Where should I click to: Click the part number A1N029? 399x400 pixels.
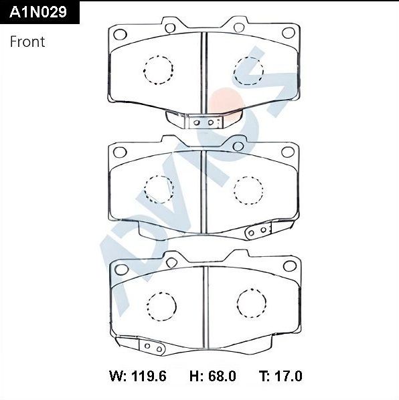(x=39, y=11)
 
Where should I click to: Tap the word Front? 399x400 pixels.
(x=27, y=41)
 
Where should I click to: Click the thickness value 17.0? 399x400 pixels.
(x=287, y=376)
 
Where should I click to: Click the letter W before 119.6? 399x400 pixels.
(x=115, y=376)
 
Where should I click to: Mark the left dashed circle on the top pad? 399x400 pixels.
(x=159, y=69)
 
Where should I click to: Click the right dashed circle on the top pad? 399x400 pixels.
(x=247, y=70)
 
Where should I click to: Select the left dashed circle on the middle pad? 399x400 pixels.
(x=159, y=189)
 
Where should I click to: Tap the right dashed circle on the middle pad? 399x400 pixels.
(x=247, y=189)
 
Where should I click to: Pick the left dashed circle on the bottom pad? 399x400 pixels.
(x=161, y=306)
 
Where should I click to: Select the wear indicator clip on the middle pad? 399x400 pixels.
(x=257, y=231)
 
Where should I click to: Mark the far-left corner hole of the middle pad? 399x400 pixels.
(x=121, y=152)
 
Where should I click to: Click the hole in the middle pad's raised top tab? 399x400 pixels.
(x=238, y=146)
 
